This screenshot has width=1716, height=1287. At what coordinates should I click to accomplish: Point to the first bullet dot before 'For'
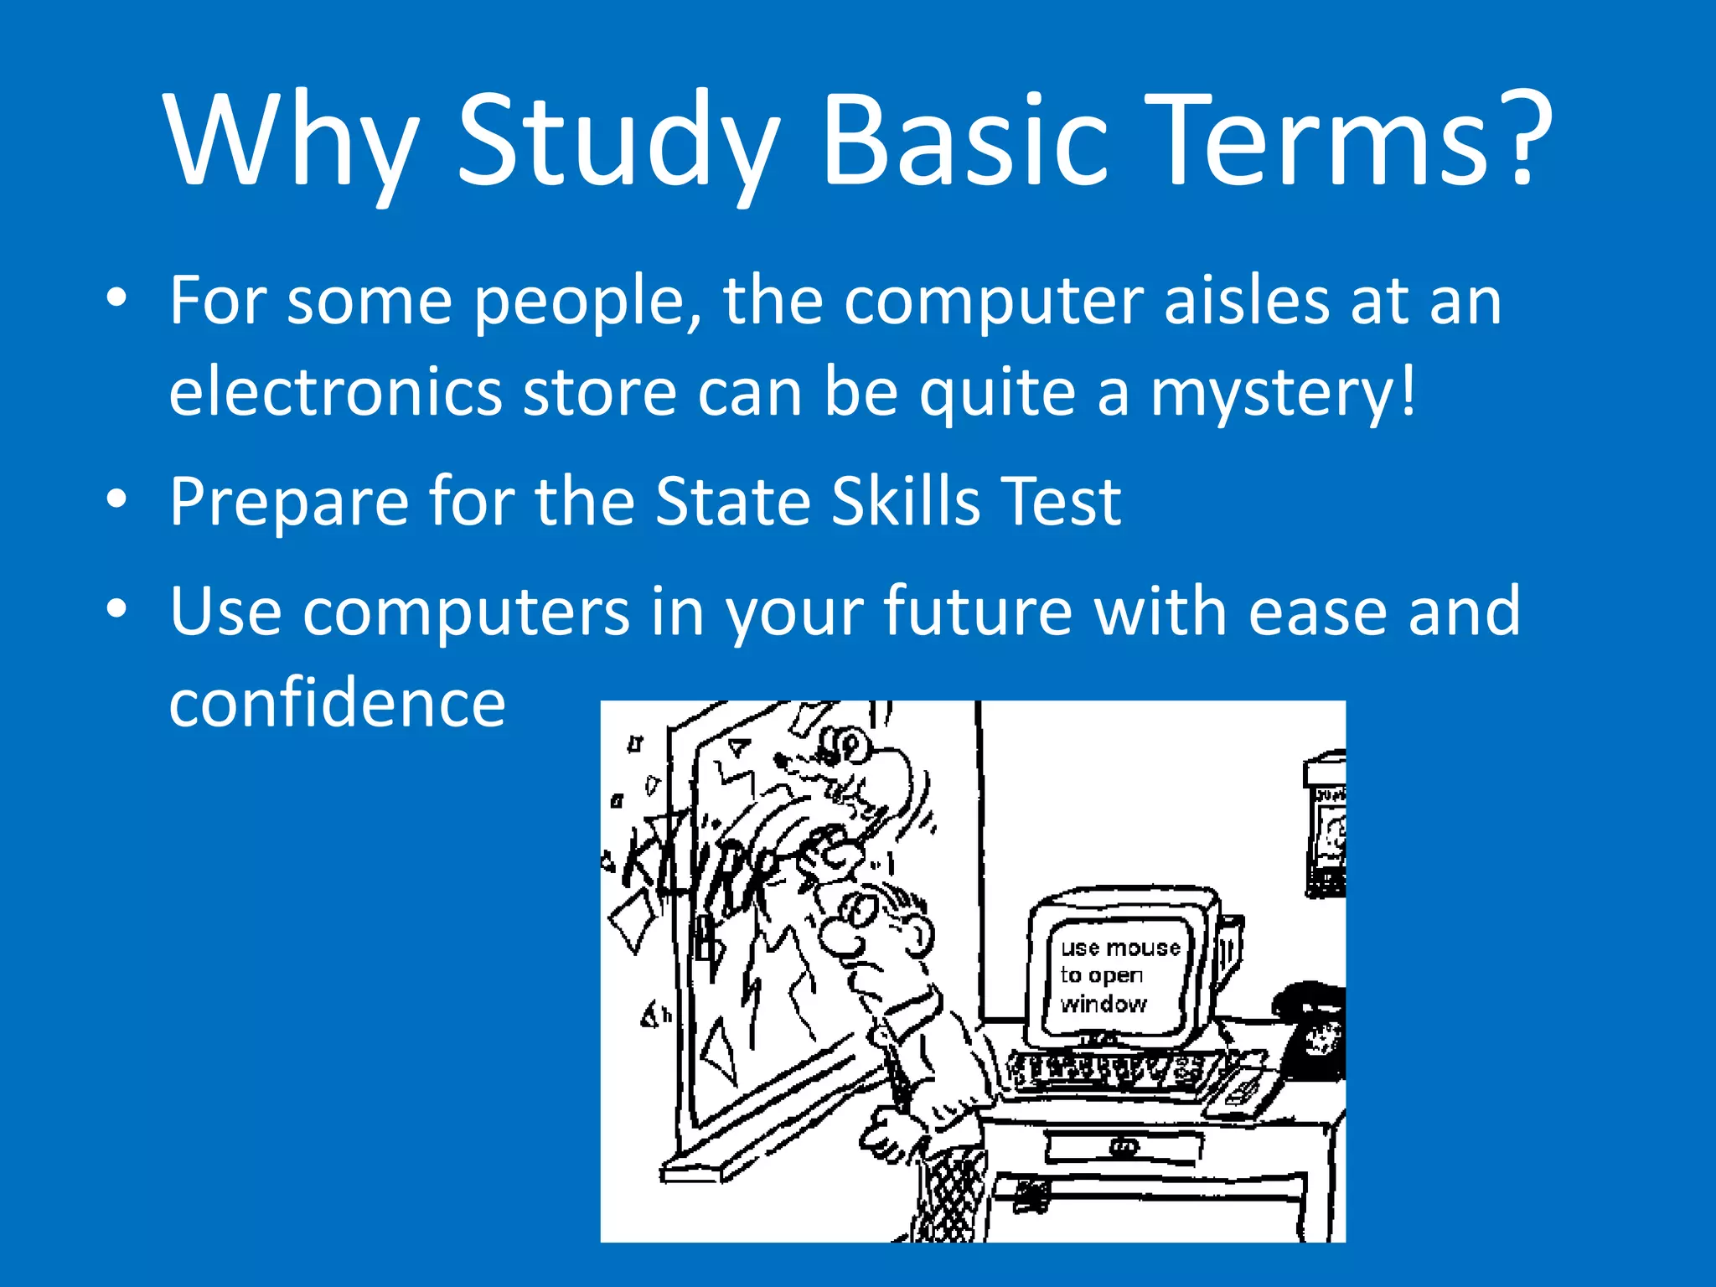[x=116, y=298]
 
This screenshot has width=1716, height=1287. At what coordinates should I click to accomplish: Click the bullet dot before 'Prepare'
[x=116, y=499]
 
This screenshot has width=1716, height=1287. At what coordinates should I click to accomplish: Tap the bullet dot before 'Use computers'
[x=116, y=609]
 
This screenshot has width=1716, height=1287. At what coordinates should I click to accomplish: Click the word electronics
[x=335, y=392]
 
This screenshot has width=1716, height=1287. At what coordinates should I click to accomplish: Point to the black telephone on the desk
[x=1311, y=1031]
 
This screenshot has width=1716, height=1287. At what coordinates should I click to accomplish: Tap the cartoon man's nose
[x=838, y=938]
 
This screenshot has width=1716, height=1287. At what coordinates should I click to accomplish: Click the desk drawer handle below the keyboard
[x=1124, y=1147]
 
